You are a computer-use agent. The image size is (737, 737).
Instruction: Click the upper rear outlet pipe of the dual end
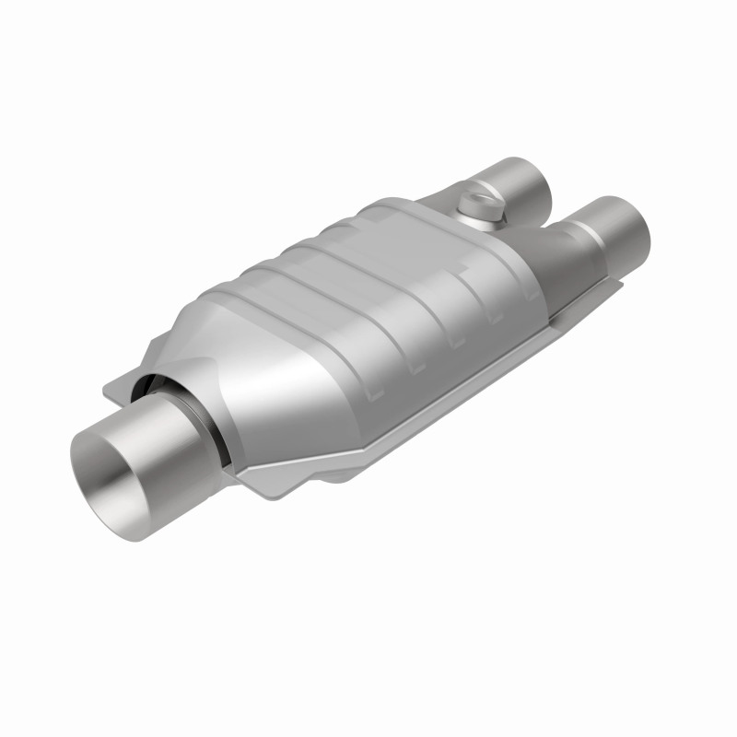(x=521, y=180)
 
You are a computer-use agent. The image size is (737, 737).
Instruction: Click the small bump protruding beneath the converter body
(x=341, y=476)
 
